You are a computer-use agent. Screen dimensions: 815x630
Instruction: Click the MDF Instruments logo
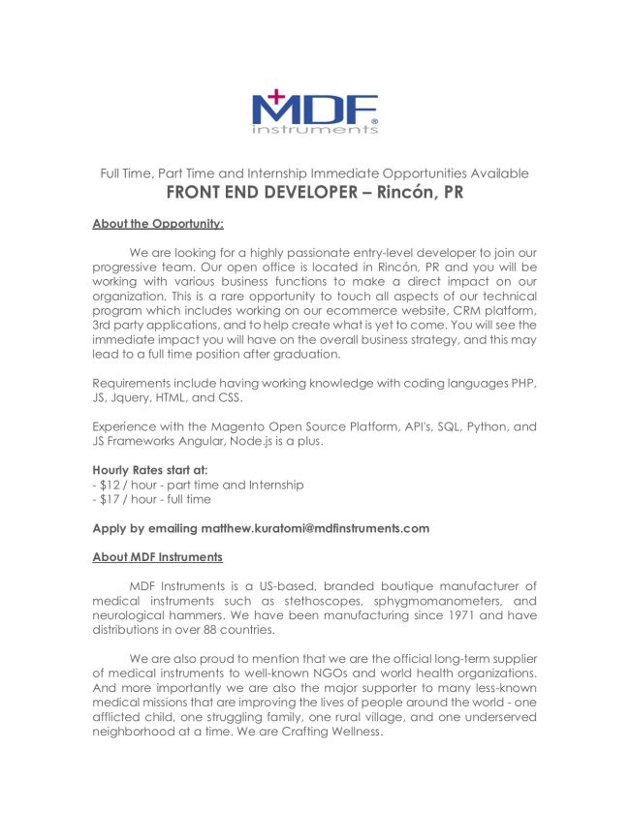(x=315, y=111)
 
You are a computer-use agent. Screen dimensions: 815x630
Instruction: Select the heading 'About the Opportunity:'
(x=158, y=224)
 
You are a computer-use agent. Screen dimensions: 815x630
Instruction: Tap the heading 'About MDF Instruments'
(x=157, y=557)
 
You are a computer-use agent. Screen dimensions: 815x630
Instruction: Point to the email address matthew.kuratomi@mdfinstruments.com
(x=317, y=528)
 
